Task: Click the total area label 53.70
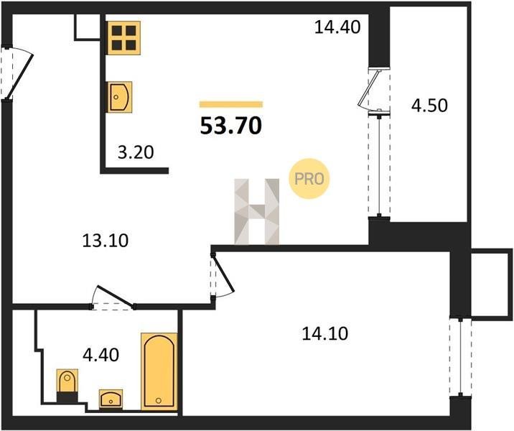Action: pos(231,126)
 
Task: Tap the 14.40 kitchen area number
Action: pos(337,27)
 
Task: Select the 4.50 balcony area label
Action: pos(429,106)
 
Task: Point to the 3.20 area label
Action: pos(136,152)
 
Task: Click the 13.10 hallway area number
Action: pos(106,241)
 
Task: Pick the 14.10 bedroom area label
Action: pos(325,333)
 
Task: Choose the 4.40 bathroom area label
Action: pos(101,355)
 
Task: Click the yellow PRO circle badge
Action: pos(309,179)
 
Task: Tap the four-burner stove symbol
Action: pos(124,38)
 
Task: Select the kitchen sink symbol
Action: pos(120,97)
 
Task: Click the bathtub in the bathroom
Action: pos(159,371)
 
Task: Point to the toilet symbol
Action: pos(67,386)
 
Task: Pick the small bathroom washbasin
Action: pos(111,399)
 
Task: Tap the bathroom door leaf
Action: pos(115,297)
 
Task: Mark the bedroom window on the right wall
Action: pos(461,357)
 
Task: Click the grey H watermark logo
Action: pos(257,212)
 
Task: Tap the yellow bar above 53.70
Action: pos(231,104)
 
